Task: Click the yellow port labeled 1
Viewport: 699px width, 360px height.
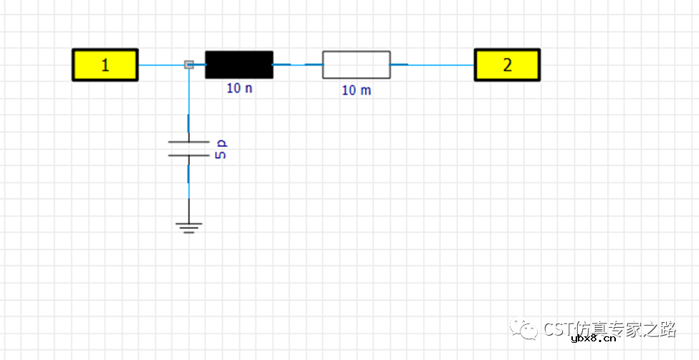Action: (x=105, y=65)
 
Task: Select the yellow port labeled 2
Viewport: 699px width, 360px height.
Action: (x=508, y=65)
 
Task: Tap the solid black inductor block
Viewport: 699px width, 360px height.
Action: (x=239, y=65)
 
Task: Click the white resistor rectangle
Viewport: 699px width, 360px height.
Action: (x=356, y=65)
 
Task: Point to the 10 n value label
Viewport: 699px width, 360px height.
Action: (x=240, y=88)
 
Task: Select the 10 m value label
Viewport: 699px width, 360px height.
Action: (x=356, y=90)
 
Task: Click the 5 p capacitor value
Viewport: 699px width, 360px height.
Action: (x=222, y=149)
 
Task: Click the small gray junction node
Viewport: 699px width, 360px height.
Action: (x=189, y=65)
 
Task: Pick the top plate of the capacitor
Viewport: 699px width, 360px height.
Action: (x=189, y=142)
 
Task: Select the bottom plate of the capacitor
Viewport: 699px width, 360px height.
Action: (x=189, y=155)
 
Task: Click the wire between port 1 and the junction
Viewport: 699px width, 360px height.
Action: (x=161, y=65)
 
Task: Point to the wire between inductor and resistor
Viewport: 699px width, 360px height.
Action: (x=298, y=65)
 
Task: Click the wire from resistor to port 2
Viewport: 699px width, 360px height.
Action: (x=432, y=65)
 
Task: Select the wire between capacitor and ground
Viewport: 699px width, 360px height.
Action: (x=189, y=189)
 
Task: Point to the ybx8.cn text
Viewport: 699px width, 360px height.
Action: (x=594, y=340)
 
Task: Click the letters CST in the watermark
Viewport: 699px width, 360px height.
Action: (x=558, y=328)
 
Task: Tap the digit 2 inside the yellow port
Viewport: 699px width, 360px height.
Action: (x=508, y=65)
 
